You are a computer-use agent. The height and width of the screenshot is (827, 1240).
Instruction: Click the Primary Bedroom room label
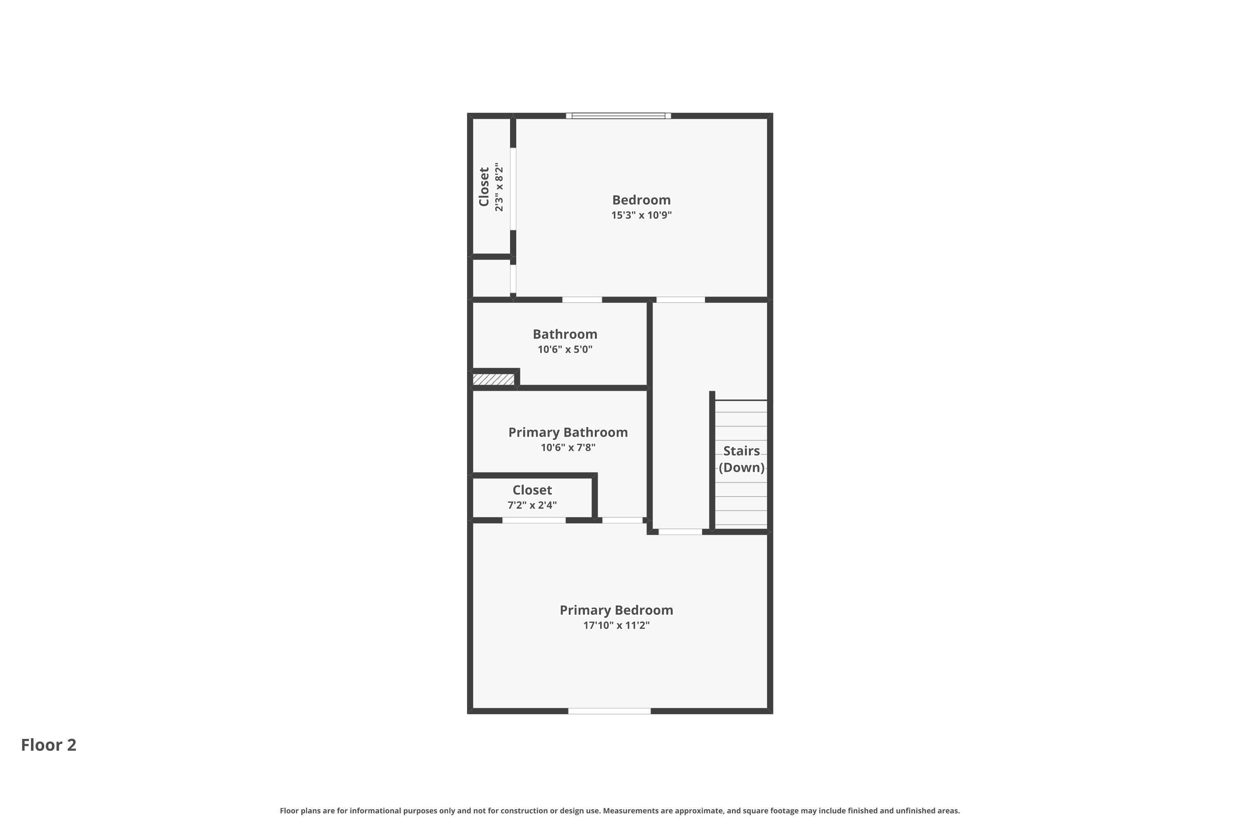(616, 610)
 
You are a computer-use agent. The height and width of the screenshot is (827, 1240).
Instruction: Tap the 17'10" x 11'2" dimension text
(616, 626)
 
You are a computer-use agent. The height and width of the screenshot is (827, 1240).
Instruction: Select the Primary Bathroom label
(568, 433)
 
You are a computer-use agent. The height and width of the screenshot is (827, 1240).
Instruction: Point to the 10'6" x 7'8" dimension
(568, 448)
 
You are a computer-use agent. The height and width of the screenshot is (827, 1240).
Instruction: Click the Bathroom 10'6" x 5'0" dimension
(565, 349)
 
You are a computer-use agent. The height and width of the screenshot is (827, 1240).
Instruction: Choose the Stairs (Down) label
(741, 459)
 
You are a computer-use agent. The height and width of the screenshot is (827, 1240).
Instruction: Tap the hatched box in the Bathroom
(493, 379)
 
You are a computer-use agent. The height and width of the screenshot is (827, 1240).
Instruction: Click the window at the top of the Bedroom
(618, 115)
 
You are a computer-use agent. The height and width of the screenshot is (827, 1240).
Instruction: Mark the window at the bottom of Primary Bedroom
(609, 711)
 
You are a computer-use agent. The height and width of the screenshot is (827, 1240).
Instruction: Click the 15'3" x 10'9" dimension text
(641, 215)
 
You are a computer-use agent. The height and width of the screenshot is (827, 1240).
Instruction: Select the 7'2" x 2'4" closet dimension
(532, 505)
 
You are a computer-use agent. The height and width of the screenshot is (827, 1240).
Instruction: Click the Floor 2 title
(48, 745)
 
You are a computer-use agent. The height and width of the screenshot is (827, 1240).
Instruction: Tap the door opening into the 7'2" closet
(534, 520)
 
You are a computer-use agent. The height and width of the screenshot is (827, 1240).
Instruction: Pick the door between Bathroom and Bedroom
(582, 299)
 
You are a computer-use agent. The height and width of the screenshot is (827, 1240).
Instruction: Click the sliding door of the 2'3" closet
(513, 189)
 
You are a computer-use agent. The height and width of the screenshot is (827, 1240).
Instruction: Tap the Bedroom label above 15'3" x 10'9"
(641, 200)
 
